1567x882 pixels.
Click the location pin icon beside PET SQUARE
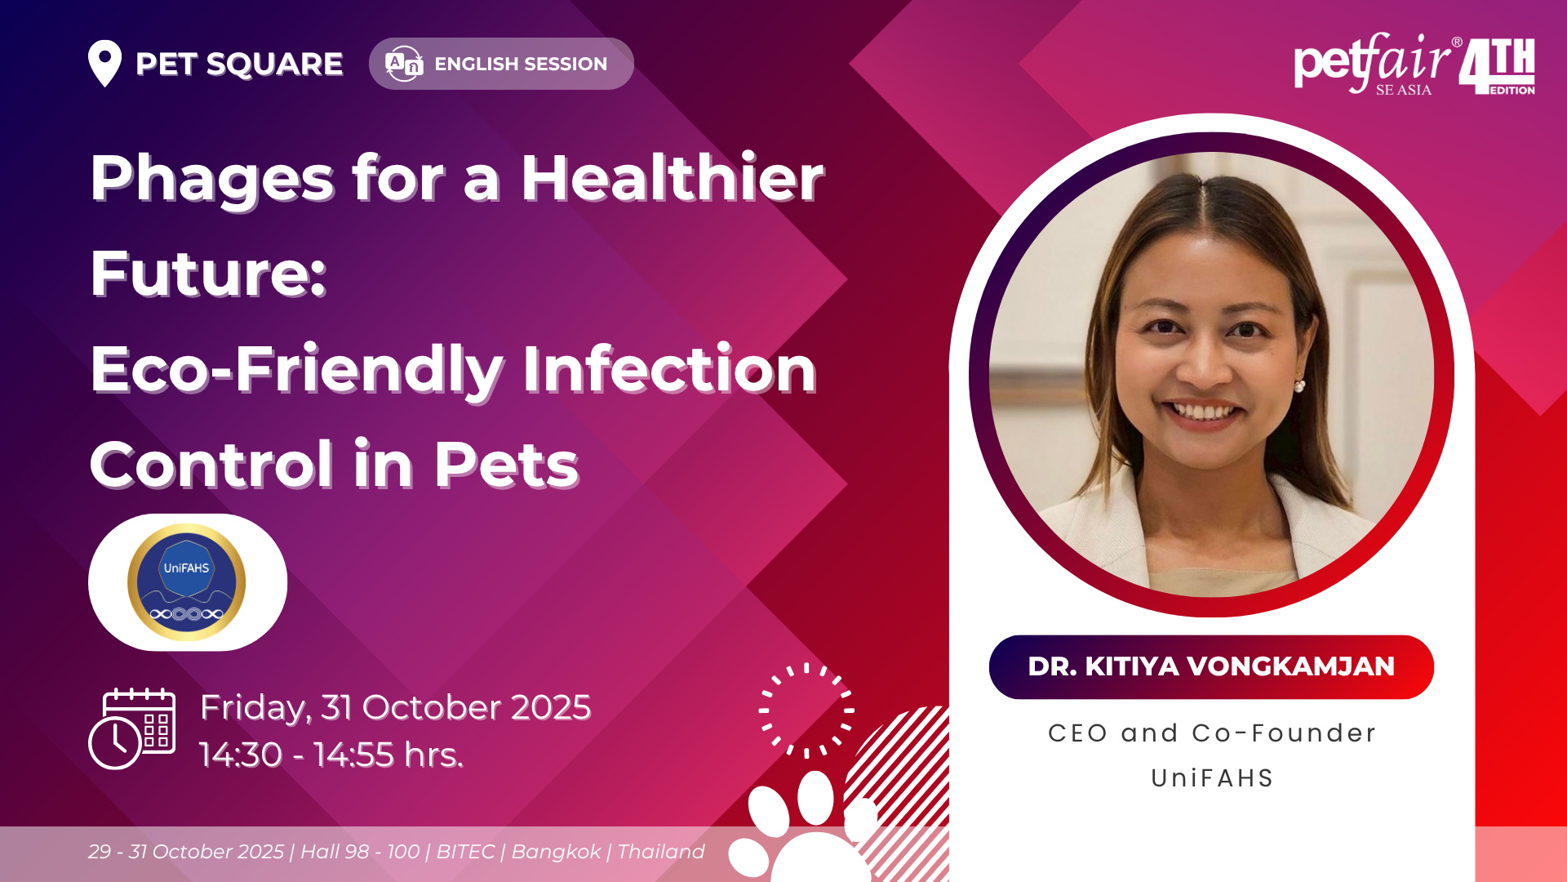click(104, 63)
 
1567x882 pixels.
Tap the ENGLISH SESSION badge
click(501, 64)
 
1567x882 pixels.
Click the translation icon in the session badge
click(404, 64)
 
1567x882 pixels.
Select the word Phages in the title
click(212, 180)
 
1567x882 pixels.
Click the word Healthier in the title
click(673, 177)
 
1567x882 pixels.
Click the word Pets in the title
click(506, 465)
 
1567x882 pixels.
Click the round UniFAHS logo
click(187, 582)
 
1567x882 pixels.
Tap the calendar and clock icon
click(131, 728)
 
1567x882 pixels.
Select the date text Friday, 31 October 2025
click(395, 708)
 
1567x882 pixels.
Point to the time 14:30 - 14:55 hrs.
click(331, 755)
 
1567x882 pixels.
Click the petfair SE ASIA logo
click(1374, 64)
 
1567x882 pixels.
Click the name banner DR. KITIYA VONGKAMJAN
click(1211, 666)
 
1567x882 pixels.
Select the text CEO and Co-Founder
click(1212, 733)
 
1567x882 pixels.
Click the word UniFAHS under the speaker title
click(1212, 778)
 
